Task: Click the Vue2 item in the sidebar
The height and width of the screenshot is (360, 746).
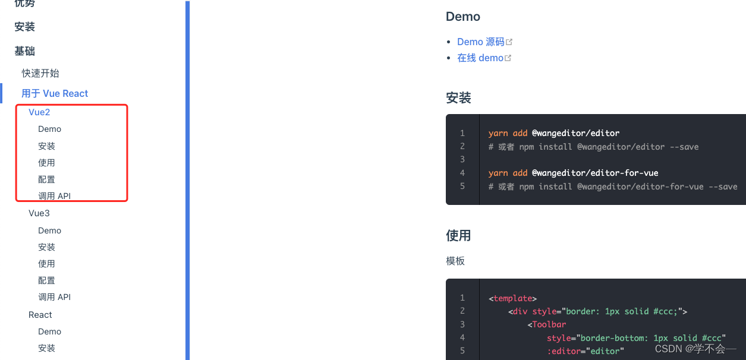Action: [x=39, y=112]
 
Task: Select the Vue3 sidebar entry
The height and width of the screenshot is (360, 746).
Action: [x=39, y=213]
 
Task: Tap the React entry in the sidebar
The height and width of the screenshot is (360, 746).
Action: [x=40, y=315]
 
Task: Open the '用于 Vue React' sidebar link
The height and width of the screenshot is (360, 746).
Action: [x=55, y=93]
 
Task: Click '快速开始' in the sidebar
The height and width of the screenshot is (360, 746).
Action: [x=40, y=73]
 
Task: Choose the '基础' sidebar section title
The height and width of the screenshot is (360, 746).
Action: [x=25, y=52]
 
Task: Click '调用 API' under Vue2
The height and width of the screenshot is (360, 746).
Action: [x=55, y=196]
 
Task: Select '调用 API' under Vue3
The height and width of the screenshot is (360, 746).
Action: [x=55, y=297]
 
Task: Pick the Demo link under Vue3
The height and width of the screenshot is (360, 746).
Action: [x=50, y=230]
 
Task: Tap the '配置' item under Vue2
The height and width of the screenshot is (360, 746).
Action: [x=47, y=179]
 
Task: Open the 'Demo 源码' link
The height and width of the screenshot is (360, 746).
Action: [x=481, y=42]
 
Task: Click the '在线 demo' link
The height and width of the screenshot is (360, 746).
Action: [x=480, y=58]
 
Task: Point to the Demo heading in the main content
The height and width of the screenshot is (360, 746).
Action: [x=463, y=17]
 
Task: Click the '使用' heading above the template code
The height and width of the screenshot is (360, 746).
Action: [x=458, y=235]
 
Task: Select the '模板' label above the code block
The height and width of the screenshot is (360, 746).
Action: [x=455, y=261]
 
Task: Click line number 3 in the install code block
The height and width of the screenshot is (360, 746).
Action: [x=462, y=159]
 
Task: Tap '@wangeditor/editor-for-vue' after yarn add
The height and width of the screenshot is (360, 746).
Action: [x=595, y=173]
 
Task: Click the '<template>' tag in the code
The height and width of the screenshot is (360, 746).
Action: [x=512, y=298]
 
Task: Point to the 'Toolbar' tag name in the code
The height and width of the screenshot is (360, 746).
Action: [x=549, y=324]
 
